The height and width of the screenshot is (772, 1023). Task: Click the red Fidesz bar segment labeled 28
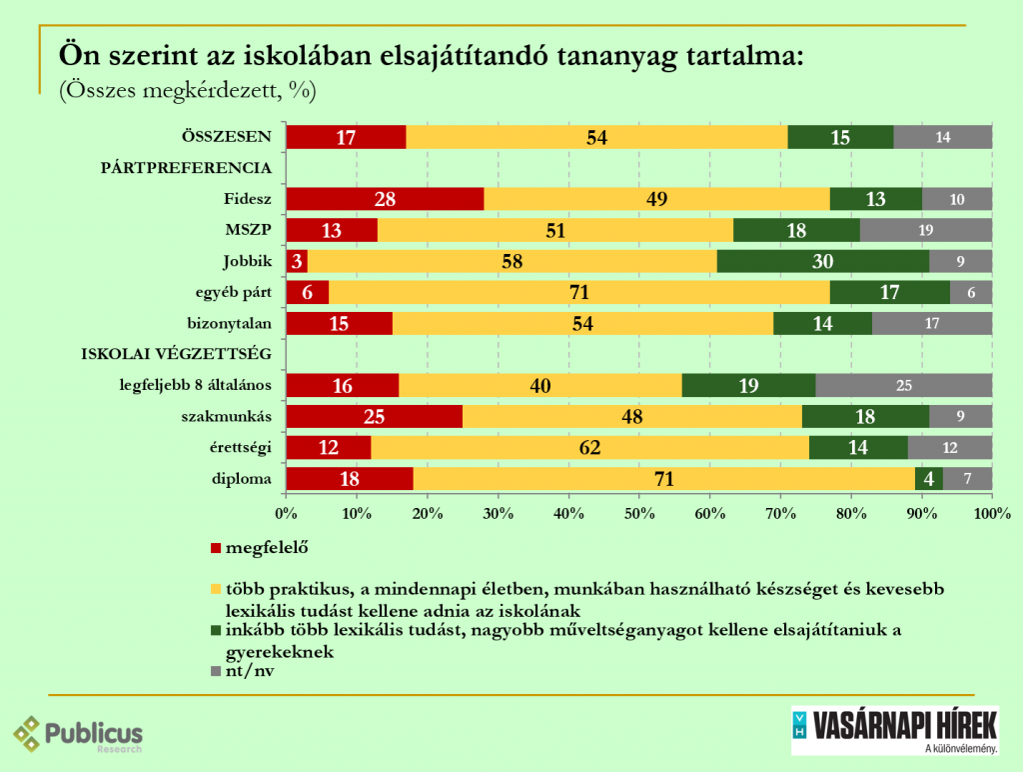click(x=385, y=199)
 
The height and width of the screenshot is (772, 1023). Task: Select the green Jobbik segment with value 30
click(x=823, y=262)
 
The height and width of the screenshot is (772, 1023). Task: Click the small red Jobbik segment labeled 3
click(x=297, y=262)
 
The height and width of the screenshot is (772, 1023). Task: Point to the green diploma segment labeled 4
click(x=929, y=479)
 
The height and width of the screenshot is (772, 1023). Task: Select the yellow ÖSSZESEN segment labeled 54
click(x=596, y=138)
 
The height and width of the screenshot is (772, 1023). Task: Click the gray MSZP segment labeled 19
click(x=925, y=230)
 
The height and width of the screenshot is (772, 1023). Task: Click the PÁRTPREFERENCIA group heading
click(x=186, y=168)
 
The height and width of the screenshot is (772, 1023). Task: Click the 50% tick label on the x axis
click(x=639, y=514)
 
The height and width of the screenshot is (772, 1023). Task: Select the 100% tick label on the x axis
click(x=990, y=514)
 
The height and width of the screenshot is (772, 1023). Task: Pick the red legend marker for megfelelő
click(x=215, y=549)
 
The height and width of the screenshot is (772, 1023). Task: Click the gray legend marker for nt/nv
click(x=215, y=673)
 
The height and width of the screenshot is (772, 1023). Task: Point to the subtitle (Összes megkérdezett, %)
click(x=189, y=90)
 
